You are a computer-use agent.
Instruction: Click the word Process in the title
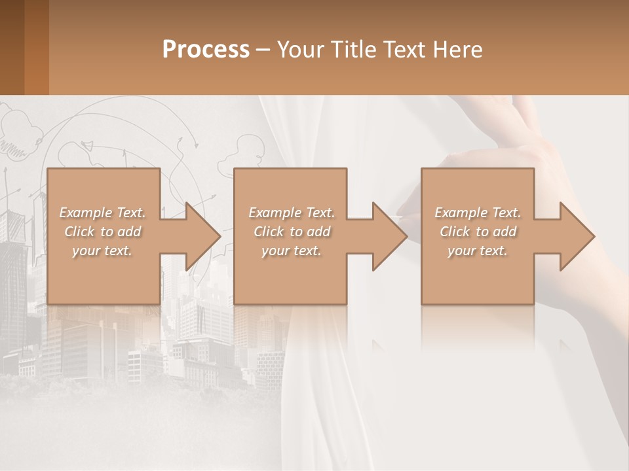[x=206, y=50]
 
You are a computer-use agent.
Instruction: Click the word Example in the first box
[x=86, y=213]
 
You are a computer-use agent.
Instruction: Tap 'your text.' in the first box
[x=102, y=251]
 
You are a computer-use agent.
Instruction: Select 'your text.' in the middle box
[x=292, y=251]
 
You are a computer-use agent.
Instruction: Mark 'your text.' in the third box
[x=478, y=251]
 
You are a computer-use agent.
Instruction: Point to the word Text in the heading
[x=406, y=50]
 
